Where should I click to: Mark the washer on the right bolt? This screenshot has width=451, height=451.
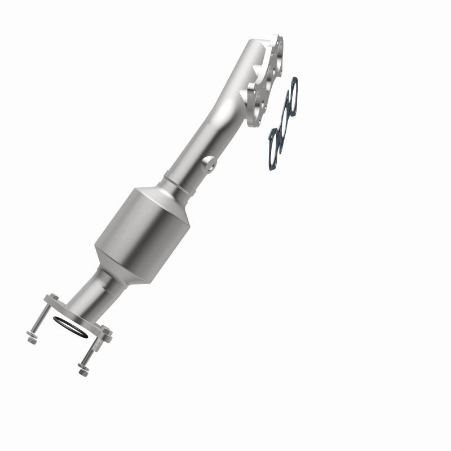pos(86,364)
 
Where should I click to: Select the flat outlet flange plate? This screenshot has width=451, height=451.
pos(76,316)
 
